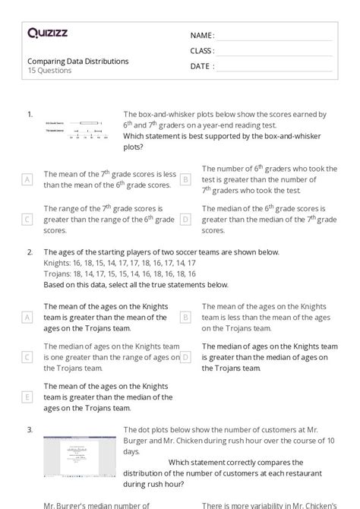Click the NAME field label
[202, 36]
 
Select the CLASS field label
[202, 51]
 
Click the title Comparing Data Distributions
[78, 61]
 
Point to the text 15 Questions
[49, 71]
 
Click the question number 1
[30, 114]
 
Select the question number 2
[30, 251]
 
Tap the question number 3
[30, 429]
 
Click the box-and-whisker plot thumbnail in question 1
[74, 127]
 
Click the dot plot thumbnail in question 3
[74, 456]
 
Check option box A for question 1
[27, 179]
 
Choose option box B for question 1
[185, 179]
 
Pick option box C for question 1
[27, 219]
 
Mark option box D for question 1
[185, 219]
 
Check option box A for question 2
[27, 317]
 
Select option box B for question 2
[185, 317]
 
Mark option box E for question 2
[27, 397]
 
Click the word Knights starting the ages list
[58, 262]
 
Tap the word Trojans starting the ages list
[58, 273]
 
